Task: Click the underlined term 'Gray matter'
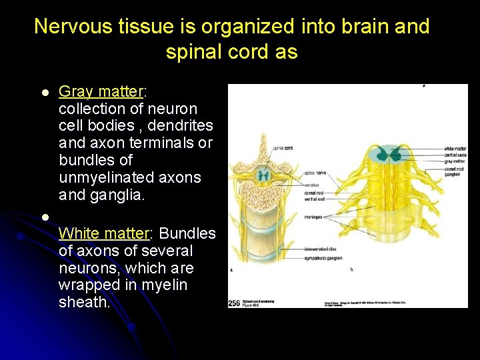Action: tap(100, 91)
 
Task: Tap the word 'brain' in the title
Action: tap(357, 27)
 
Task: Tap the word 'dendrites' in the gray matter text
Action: tap(180, 126)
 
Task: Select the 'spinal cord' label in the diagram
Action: tap(283, 147)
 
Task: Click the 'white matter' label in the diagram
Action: tap(455, 149)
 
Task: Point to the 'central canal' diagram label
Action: tap(455, 155)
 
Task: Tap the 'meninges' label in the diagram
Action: tap(313, 217)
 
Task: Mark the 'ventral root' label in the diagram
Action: tap(314, 199)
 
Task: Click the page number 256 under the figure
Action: tap(235, 303)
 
